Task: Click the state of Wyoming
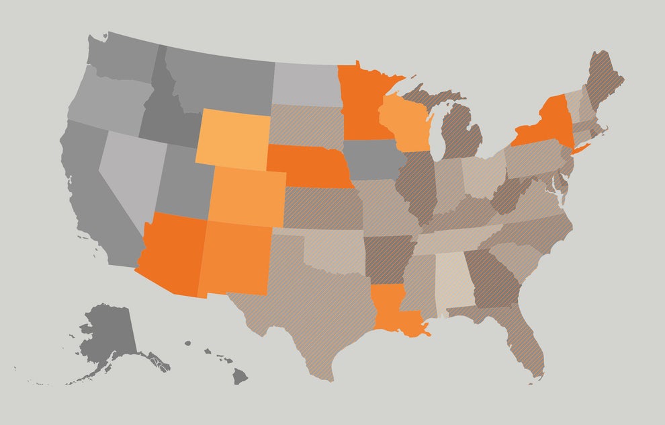232,139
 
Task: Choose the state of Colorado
247,196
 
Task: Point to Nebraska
311,165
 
